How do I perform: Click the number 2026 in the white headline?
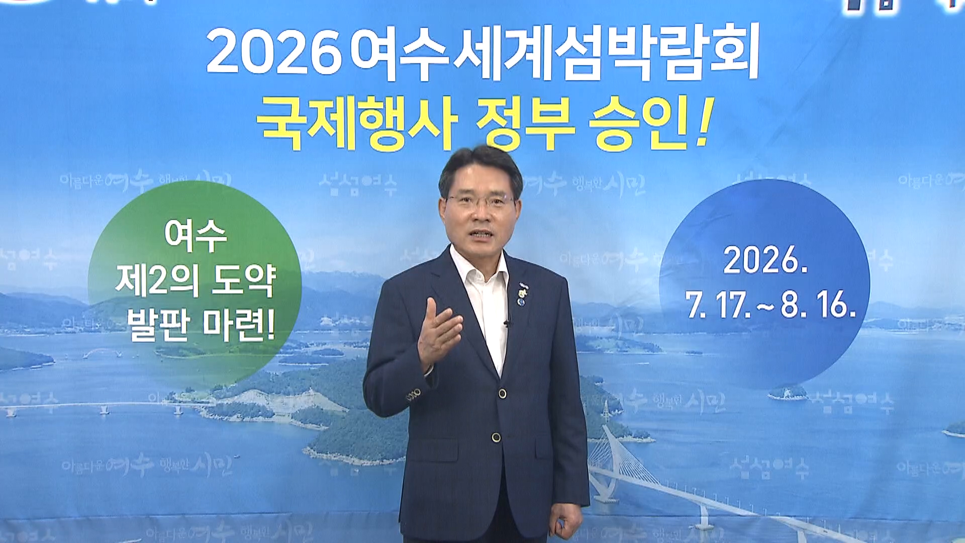click(x=274, y=53)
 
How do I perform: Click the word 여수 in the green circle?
click(x=196, y=236)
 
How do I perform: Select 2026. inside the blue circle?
click(x=765, y=260)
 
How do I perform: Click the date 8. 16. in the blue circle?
click(x=818, y=305)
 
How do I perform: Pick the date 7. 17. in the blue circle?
click(x=719, y=305)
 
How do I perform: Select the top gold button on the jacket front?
click(x=502, y=393)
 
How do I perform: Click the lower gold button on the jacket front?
click(x=496, y=437)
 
